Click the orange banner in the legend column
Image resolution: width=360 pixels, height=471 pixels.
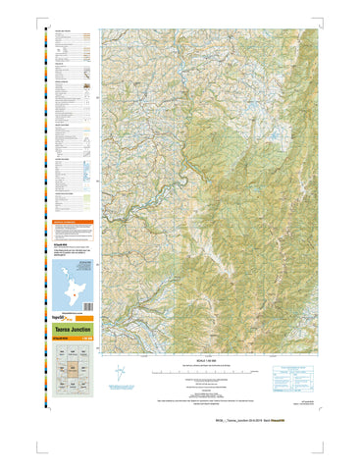(72, 222)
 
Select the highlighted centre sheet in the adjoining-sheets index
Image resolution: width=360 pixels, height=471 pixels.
(72, 371)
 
